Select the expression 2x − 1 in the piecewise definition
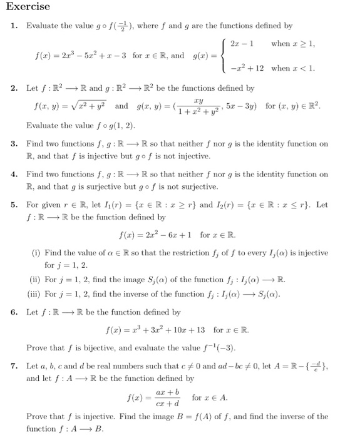pyautogui.click(x=241, y=44)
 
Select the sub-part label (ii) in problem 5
pyautogui.click(x=37, y=280)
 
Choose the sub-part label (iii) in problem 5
pyautogui.click(x=38, y=293)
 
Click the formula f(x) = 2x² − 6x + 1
pyautogui.click(x=179, y=235)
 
